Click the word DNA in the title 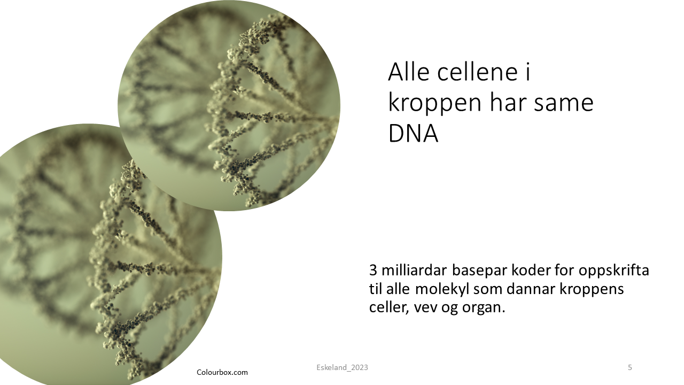coord(413,133)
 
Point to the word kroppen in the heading coord(435,104)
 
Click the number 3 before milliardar coord(373,270)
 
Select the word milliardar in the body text coord(414,270)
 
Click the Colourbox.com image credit coord(222,373)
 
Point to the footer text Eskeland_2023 coord(343,367)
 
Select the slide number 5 coord(630,367)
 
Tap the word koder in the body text coord(531,270)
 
